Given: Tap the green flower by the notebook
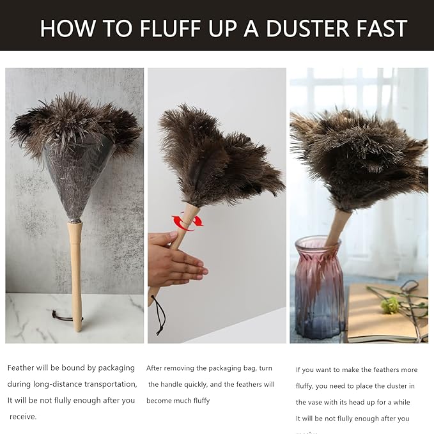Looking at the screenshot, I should pos(391,306).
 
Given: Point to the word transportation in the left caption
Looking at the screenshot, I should pos(105,384).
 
